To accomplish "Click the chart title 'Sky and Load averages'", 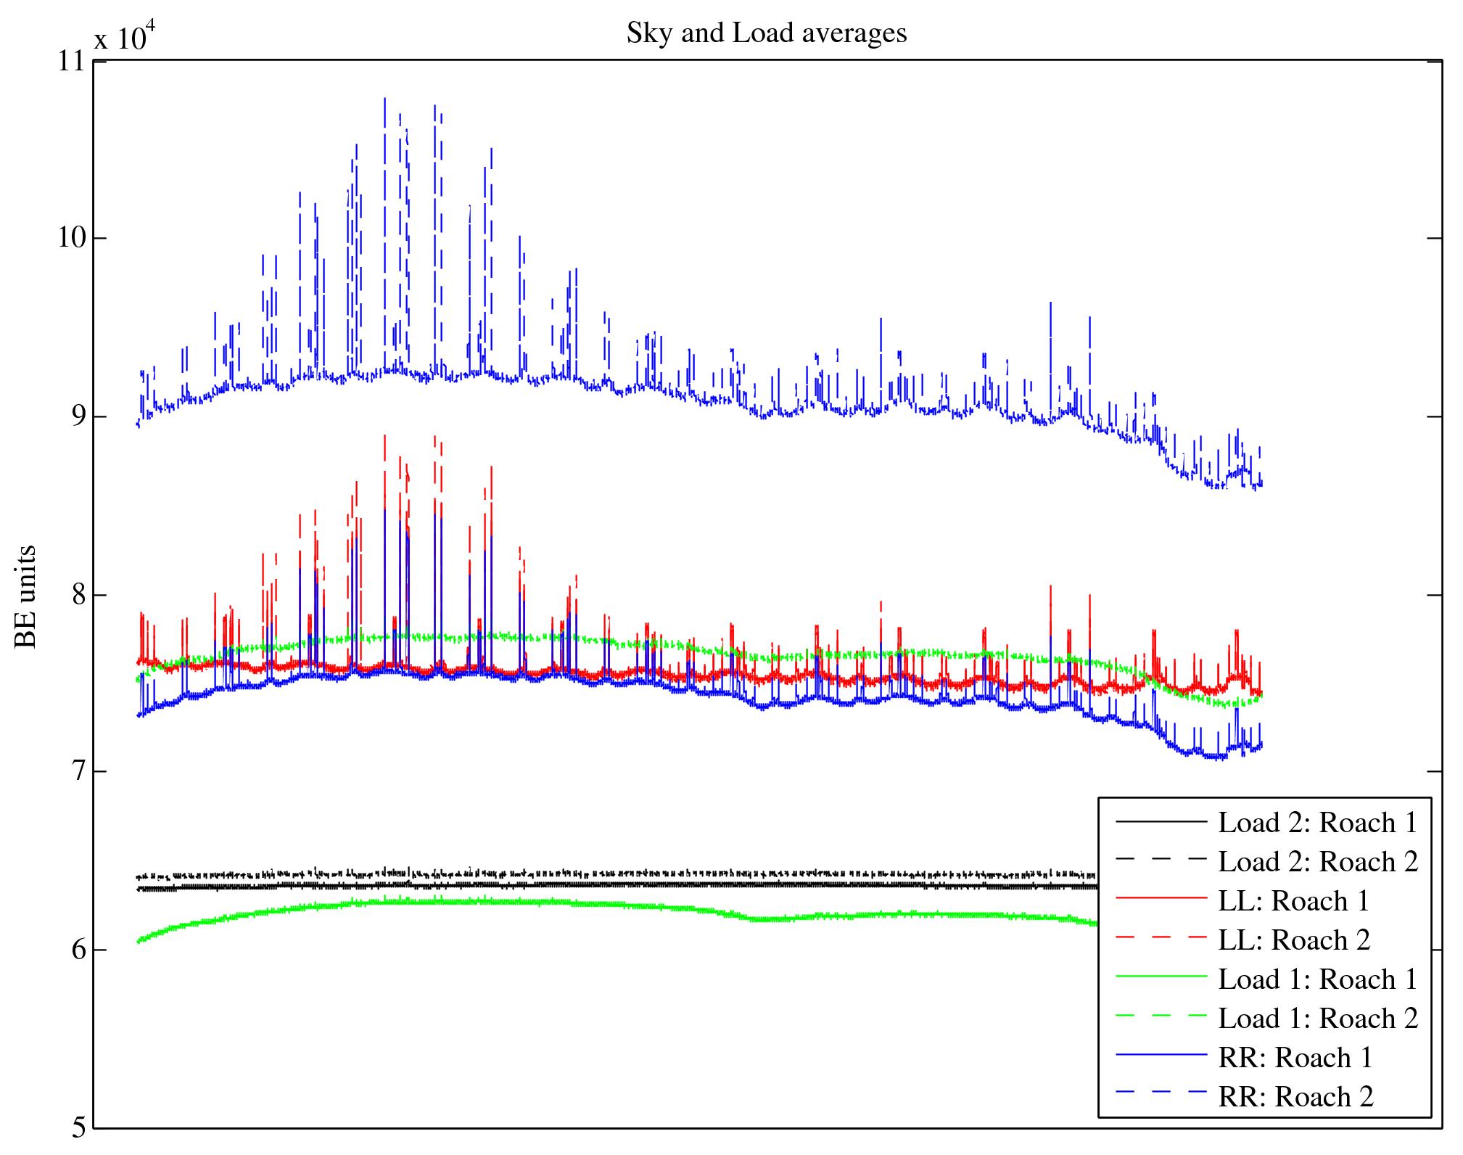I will tap(767, 33).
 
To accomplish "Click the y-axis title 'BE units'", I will tap(25, 596).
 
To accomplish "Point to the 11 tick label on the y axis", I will tap(72, 61).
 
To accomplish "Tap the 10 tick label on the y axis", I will tap(72, 238).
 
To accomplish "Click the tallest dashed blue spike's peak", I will tap(384, 99).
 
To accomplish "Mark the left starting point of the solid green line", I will tap(138, 942).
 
